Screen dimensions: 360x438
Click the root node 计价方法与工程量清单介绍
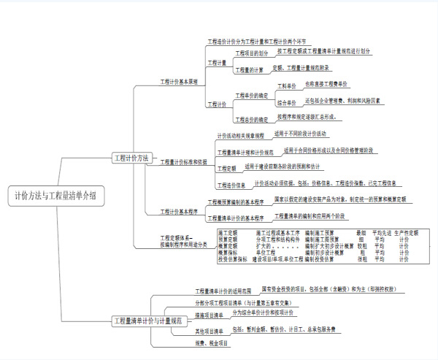pos(55,196)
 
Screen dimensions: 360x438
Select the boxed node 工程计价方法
pos(132,158)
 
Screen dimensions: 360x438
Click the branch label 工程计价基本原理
pos(178,82)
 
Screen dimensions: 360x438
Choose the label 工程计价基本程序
pos(179,212)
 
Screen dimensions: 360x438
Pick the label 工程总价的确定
pos(251,118)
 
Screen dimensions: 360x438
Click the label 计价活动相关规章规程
pos(239,137)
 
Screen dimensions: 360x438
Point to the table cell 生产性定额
pos(406,233)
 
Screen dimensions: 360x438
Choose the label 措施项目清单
pos(210,315)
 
